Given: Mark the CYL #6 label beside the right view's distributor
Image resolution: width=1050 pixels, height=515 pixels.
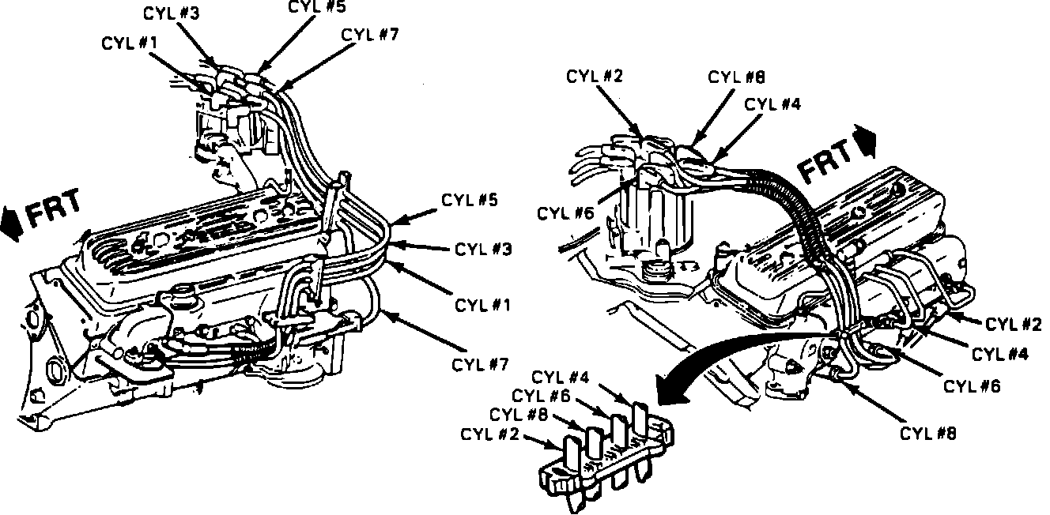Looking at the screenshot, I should pyautogui.click(x=566, y=213).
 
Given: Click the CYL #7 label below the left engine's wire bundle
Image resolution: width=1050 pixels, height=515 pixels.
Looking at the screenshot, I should pyautogui.click(x=479, y=364).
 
